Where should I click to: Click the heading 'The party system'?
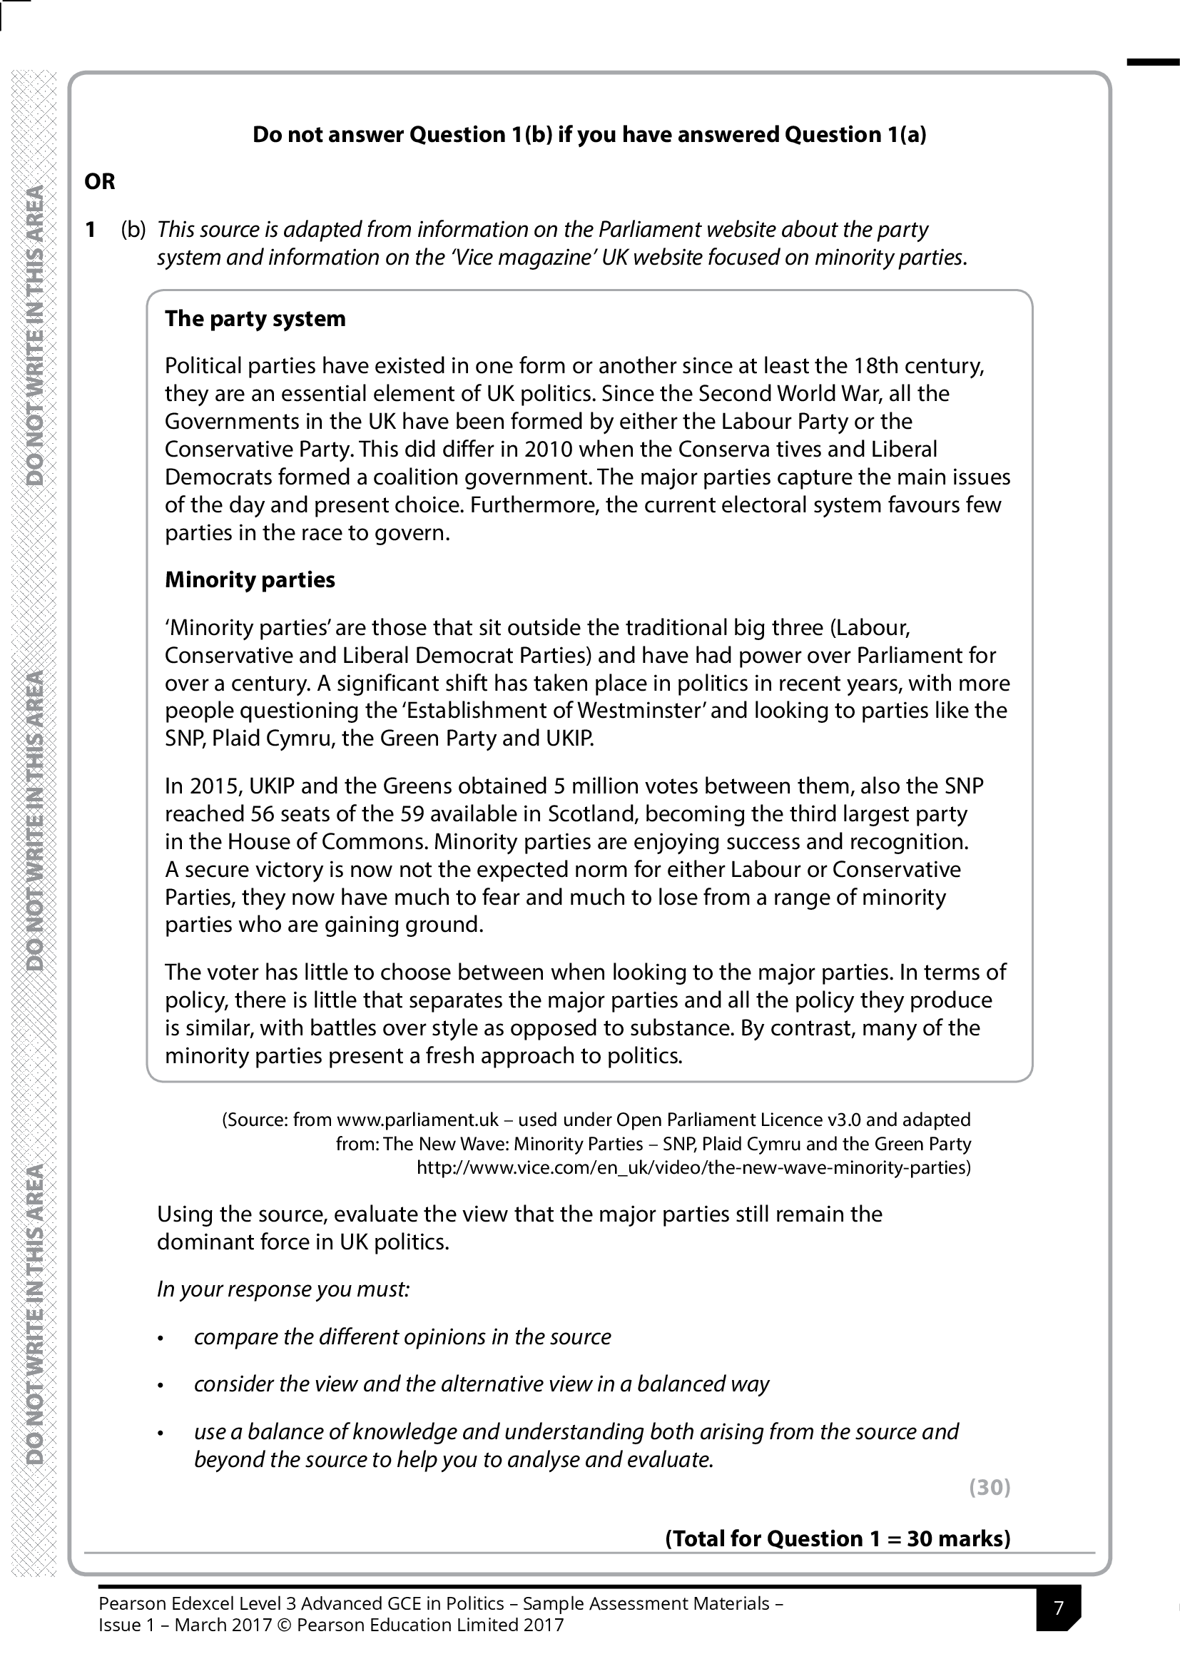(255, 319)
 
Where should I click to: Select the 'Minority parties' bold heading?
(249, 580)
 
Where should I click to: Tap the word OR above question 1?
(100, 182)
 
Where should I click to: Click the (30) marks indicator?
(989, 1487)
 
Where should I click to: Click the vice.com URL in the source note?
(693, 1168)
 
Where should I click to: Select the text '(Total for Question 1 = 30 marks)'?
(837, 1539)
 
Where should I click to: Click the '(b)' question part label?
(133, 230)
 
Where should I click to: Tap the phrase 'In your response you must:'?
(283, 1289)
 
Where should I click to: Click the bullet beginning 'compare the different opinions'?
(402, 1337)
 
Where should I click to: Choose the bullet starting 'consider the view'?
(480, 1384)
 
